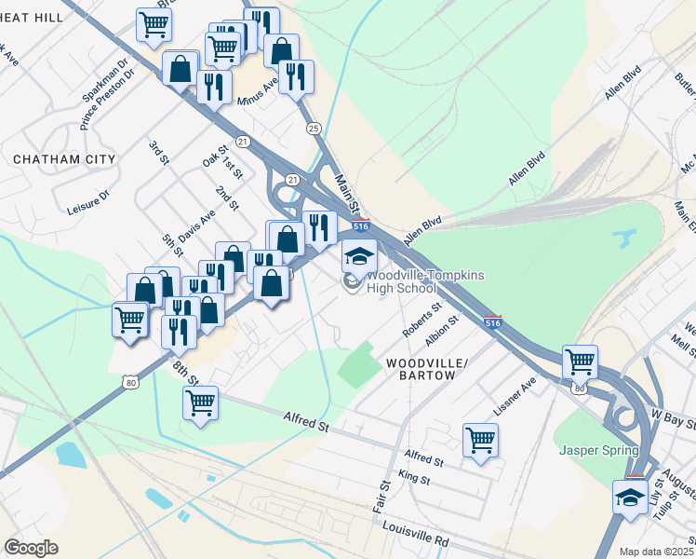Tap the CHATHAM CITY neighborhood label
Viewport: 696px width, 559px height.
(x=64, y=159)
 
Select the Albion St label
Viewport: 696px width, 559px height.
(x=442, y=332)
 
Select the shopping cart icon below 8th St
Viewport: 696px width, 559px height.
(x=201, y=403)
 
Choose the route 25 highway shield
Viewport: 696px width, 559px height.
(x=313, y=128)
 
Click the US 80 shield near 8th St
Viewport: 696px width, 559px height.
(x=130, y=381)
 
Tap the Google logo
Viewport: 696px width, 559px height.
(x=32, y=548)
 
